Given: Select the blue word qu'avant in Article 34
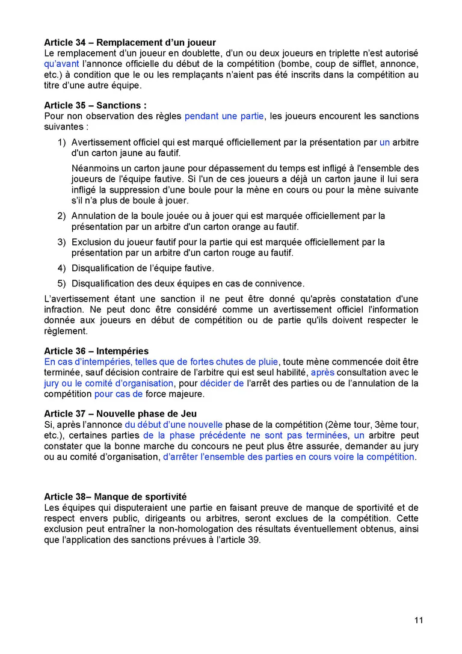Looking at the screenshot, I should point(61,64).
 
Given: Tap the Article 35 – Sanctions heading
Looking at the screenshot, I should point(95,105).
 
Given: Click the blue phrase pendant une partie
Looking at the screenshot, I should point(224,116).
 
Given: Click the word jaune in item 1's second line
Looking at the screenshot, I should point(131,153).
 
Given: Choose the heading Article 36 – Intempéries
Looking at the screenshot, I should point(96,351).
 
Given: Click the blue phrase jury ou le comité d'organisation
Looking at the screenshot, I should point(109,383).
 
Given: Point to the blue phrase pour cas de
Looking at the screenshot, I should point(119,394).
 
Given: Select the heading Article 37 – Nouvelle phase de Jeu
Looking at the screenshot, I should point(120,414).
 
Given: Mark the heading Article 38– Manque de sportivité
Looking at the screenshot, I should point(115,497).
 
